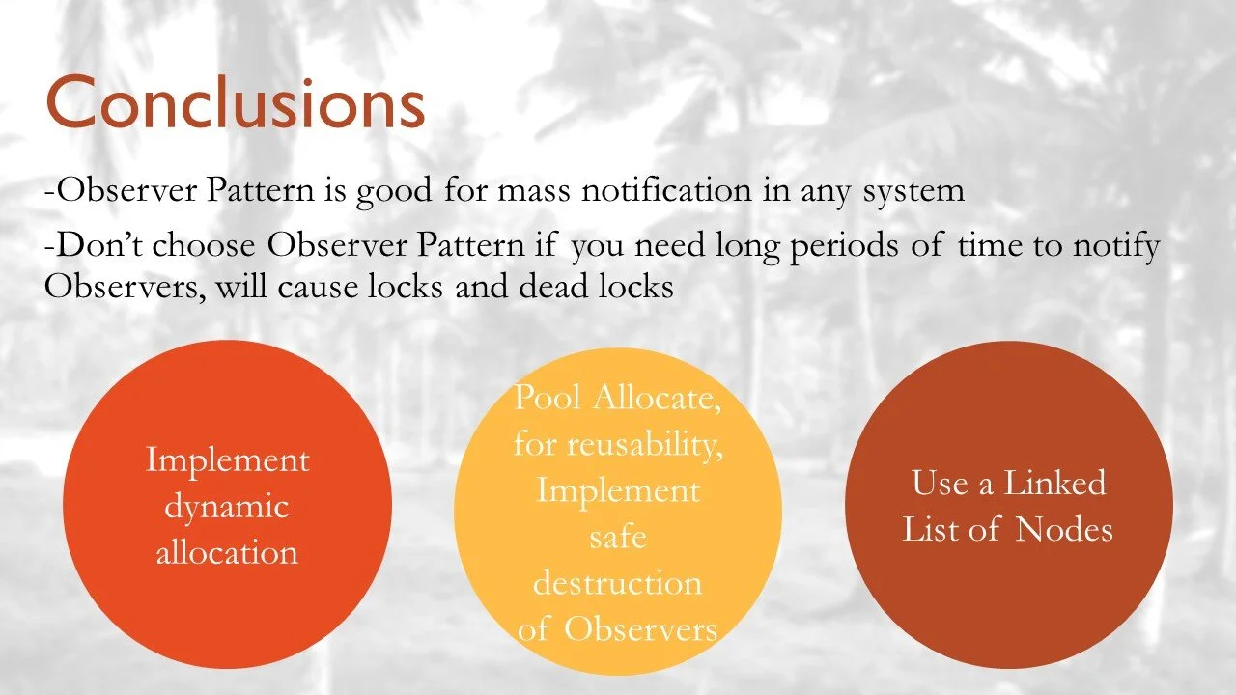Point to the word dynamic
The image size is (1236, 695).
coord(227,506)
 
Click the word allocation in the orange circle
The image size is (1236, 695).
coord(227,552)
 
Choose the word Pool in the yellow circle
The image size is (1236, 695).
coord(547,397)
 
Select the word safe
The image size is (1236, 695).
coord(617,537)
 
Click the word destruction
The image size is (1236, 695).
coord(617,583)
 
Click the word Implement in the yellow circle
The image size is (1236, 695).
coord(618,490)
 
